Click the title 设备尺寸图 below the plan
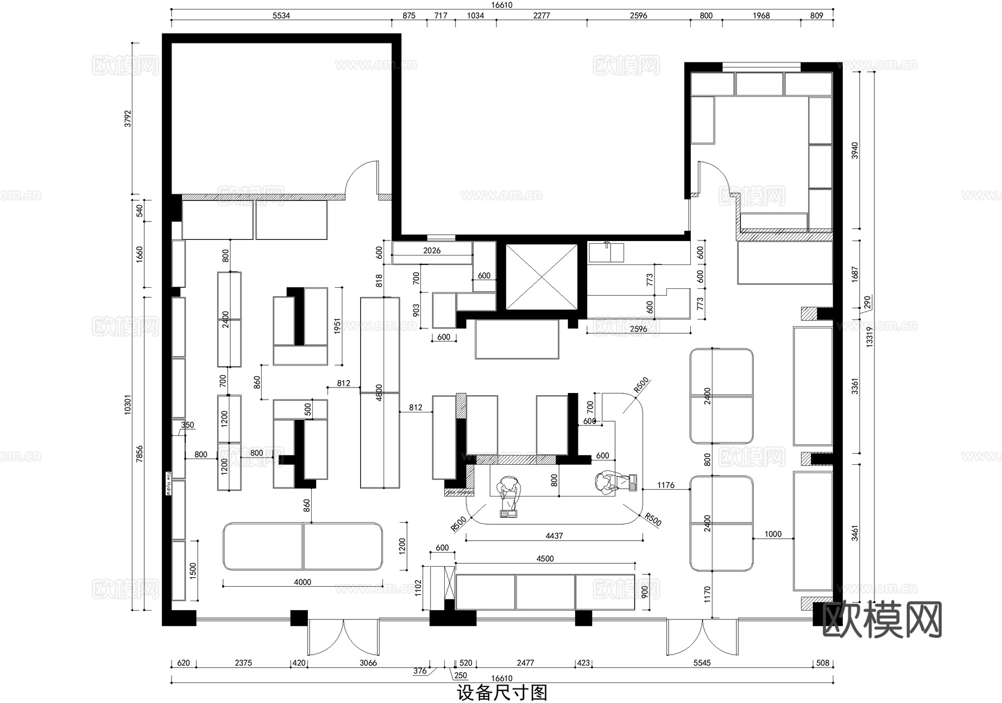[502, 693]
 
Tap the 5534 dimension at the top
[281, 16]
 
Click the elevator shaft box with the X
[541, 276]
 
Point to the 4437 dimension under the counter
[554, 535]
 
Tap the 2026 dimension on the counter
[431, 250]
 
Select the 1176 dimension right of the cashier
[665, 485]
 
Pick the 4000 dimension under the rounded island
[302, 582]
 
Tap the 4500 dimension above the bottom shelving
[545, 558]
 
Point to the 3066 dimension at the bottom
[368, 662]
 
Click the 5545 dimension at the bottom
[702, 662]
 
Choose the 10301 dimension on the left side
[127, 405]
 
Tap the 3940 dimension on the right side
[855, 150]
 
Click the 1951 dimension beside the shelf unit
[337, 326]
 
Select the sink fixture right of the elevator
[607, 252]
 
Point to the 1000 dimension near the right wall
[773, 534]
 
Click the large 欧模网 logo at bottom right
[882, 620]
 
